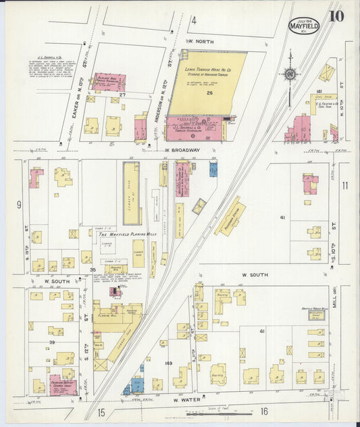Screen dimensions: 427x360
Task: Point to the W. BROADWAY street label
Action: tap(182, 149)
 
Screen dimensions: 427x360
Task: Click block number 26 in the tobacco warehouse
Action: tap(210, 93)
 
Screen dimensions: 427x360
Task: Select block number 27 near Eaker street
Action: tap(122, 95)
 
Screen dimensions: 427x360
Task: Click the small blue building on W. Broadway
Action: tap(213, 169)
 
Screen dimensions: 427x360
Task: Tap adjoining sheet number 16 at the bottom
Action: tap(264, 411)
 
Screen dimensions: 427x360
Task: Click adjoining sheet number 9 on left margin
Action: tap(19, 203)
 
